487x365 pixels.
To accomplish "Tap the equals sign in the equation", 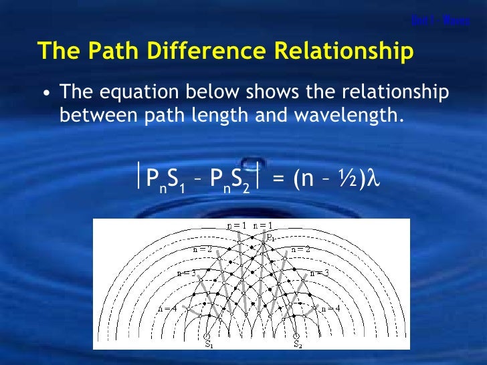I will coord(280,178).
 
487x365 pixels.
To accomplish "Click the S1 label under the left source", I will coord(209,345).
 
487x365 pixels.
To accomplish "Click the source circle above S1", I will coord(207,334).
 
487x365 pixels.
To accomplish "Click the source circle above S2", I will coord(296,334).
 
